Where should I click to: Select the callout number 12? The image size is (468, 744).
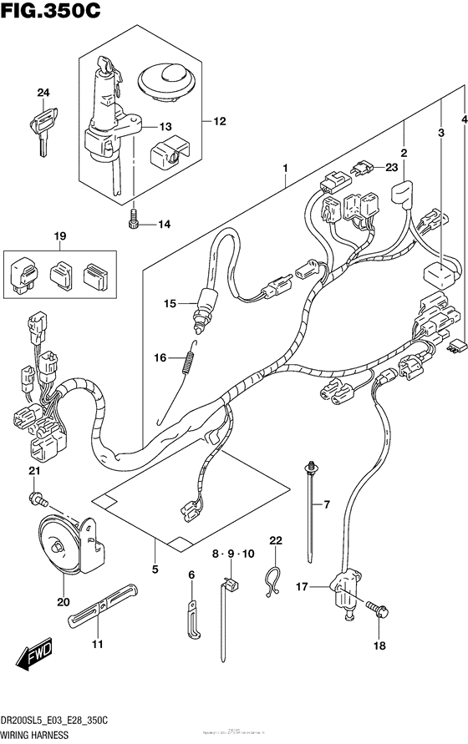click(x=219, y=122)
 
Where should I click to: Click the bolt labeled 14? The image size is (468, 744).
click(x=132, y=221)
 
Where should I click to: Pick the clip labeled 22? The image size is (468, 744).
click(x=272, y=581)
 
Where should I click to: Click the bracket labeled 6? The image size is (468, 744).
click(x=192, y=613)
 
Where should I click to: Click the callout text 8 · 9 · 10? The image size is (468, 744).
click(x=237, y=553)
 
